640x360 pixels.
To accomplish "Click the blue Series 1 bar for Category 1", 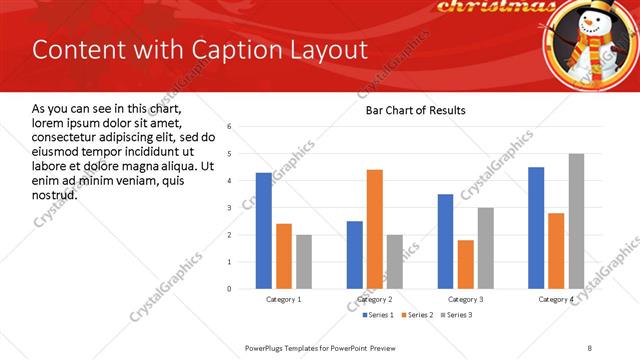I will click(264, 230).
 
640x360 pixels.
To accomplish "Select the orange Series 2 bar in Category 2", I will click(375, 229).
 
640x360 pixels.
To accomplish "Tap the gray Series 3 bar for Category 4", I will click(576, 221).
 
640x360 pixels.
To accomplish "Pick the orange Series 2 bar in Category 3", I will click(466, 264).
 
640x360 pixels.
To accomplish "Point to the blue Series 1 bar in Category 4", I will click(536, 228).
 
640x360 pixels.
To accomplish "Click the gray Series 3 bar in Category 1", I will click(304, 261).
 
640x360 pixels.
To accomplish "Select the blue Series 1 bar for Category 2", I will click(355, 255).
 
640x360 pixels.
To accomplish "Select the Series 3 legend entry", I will click(456, 316).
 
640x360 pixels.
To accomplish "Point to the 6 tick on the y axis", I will click(229, 127).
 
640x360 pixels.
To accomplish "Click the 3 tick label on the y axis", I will click(229, 208).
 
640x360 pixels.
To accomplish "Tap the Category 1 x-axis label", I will click(284, 300).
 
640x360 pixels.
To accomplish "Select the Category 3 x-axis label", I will click(466, 300).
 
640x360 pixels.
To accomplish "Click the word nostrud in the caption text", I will click(55, 193).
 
